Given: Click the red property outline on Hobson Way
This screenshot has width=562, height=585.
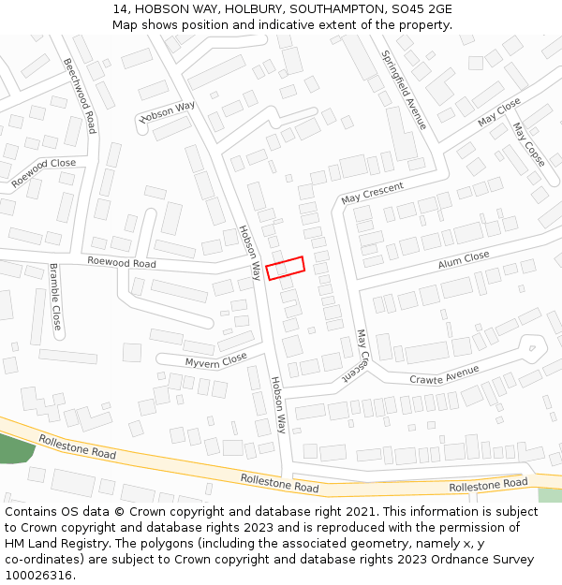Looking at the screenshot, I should click(x=286, y=268).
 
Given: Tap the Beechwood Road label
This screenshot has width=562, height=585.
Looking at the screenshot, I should click(x=80, y=95).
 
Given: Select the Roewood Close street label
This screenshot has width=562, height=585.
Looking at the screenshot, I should click(x=44, y=174).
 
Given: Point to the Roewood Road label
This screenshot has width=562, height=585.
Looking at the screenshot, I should click(x=121, y=263).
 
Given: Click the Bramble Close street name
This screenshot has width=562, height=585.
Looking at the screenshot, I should click(x=54, y=298).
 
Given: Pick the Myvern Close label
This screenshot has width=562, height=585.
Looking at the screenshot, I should click(x=215, y=358).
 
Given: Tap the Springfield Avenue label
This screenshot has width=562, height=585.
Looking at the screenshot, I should click(x=404, y=90).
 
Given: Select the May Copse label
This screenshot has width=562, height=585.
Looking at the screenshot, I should click(x=528, y=144).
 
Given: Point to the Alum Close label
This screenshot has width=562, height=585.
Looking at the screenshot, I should click(x=464, y=259).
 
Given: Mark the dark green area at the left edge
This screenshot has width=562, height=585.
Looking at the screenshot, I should click(x=14, y=449).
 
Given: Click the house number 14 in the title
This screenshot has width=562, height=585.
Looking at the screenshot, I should click(x=120, y=8).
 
